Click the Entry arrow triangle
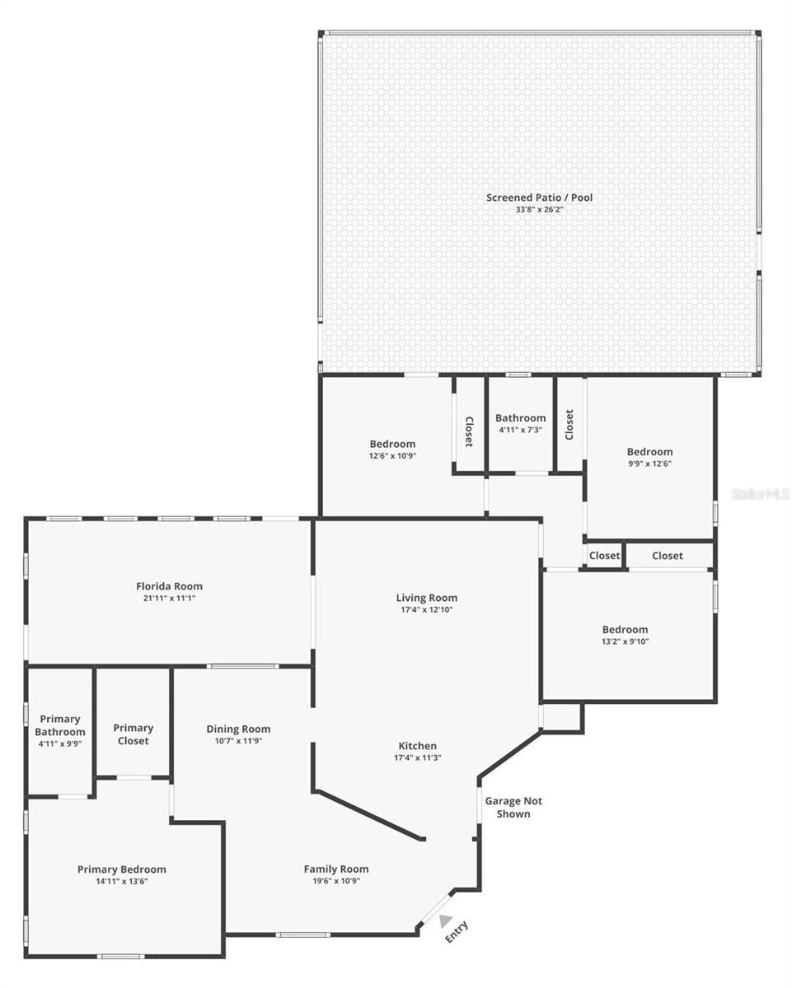pos(446,920)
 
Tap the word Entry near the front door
pos(457,931)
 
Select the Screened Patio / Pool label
pos(539,198)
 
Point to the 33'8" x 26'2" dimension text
pos(539,210)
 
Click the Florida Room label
pos(169,586)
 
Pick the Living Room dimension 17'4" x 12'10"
pos(426,610)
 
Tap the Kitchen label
pos(418,746)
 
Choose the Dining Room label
pos(238,729)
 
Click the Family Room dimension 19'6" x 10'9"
pos(335,881)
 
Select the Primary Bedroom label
pos(121,869)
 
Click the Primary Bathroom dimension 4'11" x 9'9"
pos(59,743)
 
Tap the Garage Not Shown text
pos(513,807)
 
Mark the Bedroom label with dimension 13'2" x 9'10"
pos(625,630)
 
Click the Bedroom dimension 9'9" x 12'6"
pos(649,464)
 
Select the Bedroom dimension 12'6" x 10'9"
pos(392,455)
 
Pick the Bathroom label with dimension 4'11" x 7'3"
pos(520,417)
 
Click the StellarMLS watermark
pos(760,494)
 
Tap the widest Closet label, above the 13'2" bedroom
pos(667,556)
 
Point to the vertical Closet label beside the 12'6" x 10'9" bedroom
pos(469,431)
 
